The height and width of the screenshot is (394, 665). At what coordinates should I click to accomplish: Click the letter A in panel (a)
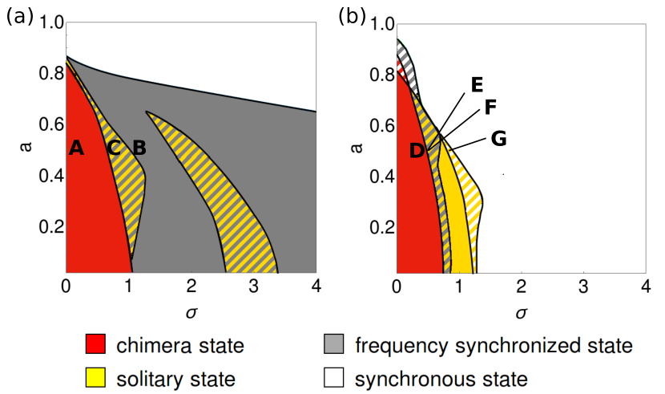[77, 148]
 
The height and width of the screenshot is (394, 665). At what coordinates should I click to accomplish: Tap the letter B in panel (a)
[139, 148]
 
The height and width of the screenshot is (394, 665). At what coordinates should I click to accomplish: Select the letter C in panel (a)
[115, 148]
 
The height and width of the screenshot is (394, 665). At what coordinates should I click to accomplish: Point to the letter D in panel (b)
[417, 150]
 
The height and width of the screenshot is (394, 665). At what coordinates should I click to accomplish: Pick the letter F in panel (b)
[491, 108]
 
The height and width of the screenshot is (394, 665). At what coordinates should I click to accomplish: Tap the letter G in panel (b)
[498, 138]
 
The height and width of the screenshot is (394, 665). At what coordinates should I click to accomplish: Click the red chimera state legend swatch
[95, 346]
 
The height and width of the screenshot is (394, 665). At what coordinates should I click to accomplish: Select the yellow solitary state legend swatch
[95, 377]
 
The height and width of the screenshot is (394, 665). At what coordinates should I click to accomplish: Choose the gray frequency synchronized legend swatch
[336, 346]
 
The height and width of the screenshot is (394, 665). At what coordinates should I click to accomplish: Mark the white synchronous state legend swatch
[336, 377]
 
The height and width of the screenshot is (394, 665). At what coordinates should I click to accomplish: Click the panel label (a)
[19, 14]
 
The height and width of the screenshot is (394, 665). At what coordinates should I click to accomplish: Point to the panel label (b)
[353, 14]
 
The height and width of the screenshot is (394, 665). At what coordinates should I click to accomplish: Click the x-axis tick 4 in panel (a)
[316, 286]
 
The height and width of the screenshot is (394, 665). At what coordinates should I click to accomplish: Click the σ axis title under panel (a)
[191, 310]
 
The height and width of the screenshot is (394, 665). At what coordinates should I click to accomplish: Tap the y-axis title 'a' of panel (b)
[358, 147]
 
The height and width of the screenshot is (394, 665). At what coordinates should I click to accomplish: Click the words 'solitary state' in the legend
[175, 377]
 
